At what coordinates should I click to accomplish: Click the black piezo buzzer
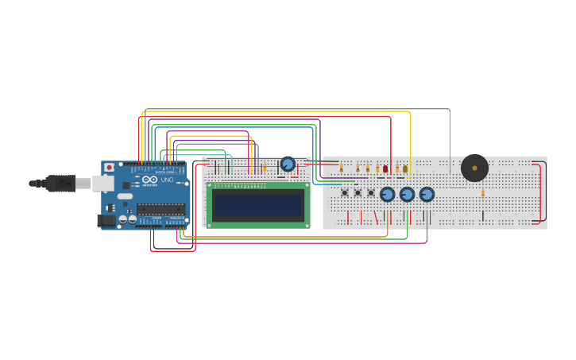coord(474,168)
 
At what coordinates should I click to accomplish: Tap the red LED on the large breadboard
coord(385,168)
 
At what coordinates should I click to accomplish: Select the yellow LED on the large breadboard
coord(405,168)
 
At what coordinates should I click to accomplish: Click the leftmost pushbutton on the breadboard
coord(344,192)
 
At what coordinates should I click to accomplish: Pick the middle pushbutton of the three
coord(358,192)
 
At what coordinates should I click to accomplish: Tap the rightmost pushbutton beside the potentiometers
coord(371,192)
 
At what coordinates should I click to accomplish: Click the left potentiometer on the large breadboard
coord(388,194)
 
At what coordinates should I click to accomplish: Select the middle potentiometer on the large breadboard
coord(408,194)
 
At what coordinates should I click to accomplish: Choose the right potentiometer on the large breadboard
coord(427,194)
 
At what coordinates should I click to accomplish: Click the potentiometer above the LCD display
coord(288,165)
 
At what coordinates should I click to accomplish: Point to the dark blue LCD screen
coord(258,205)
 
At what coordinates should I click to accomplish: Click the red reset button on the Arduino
coord(109,168)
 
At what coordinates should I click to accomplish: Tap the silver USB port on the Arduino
coord(102,184)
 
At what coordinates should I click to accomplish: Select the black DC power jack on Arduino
coord(106,220)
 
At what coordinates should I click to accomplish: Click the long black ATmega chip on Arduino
coord(160,209)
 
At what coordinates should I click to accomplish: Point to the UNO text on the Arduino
coord(167,180)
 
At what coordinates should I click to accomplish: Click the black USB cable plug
coord(60,184)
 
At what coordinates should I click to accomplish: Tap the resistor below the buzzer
coord(482,193)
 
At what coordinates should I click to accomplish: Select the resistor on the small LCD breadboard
coord(265,168)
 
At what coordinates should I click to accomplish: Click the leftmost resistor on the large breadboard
coord(342,168)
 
